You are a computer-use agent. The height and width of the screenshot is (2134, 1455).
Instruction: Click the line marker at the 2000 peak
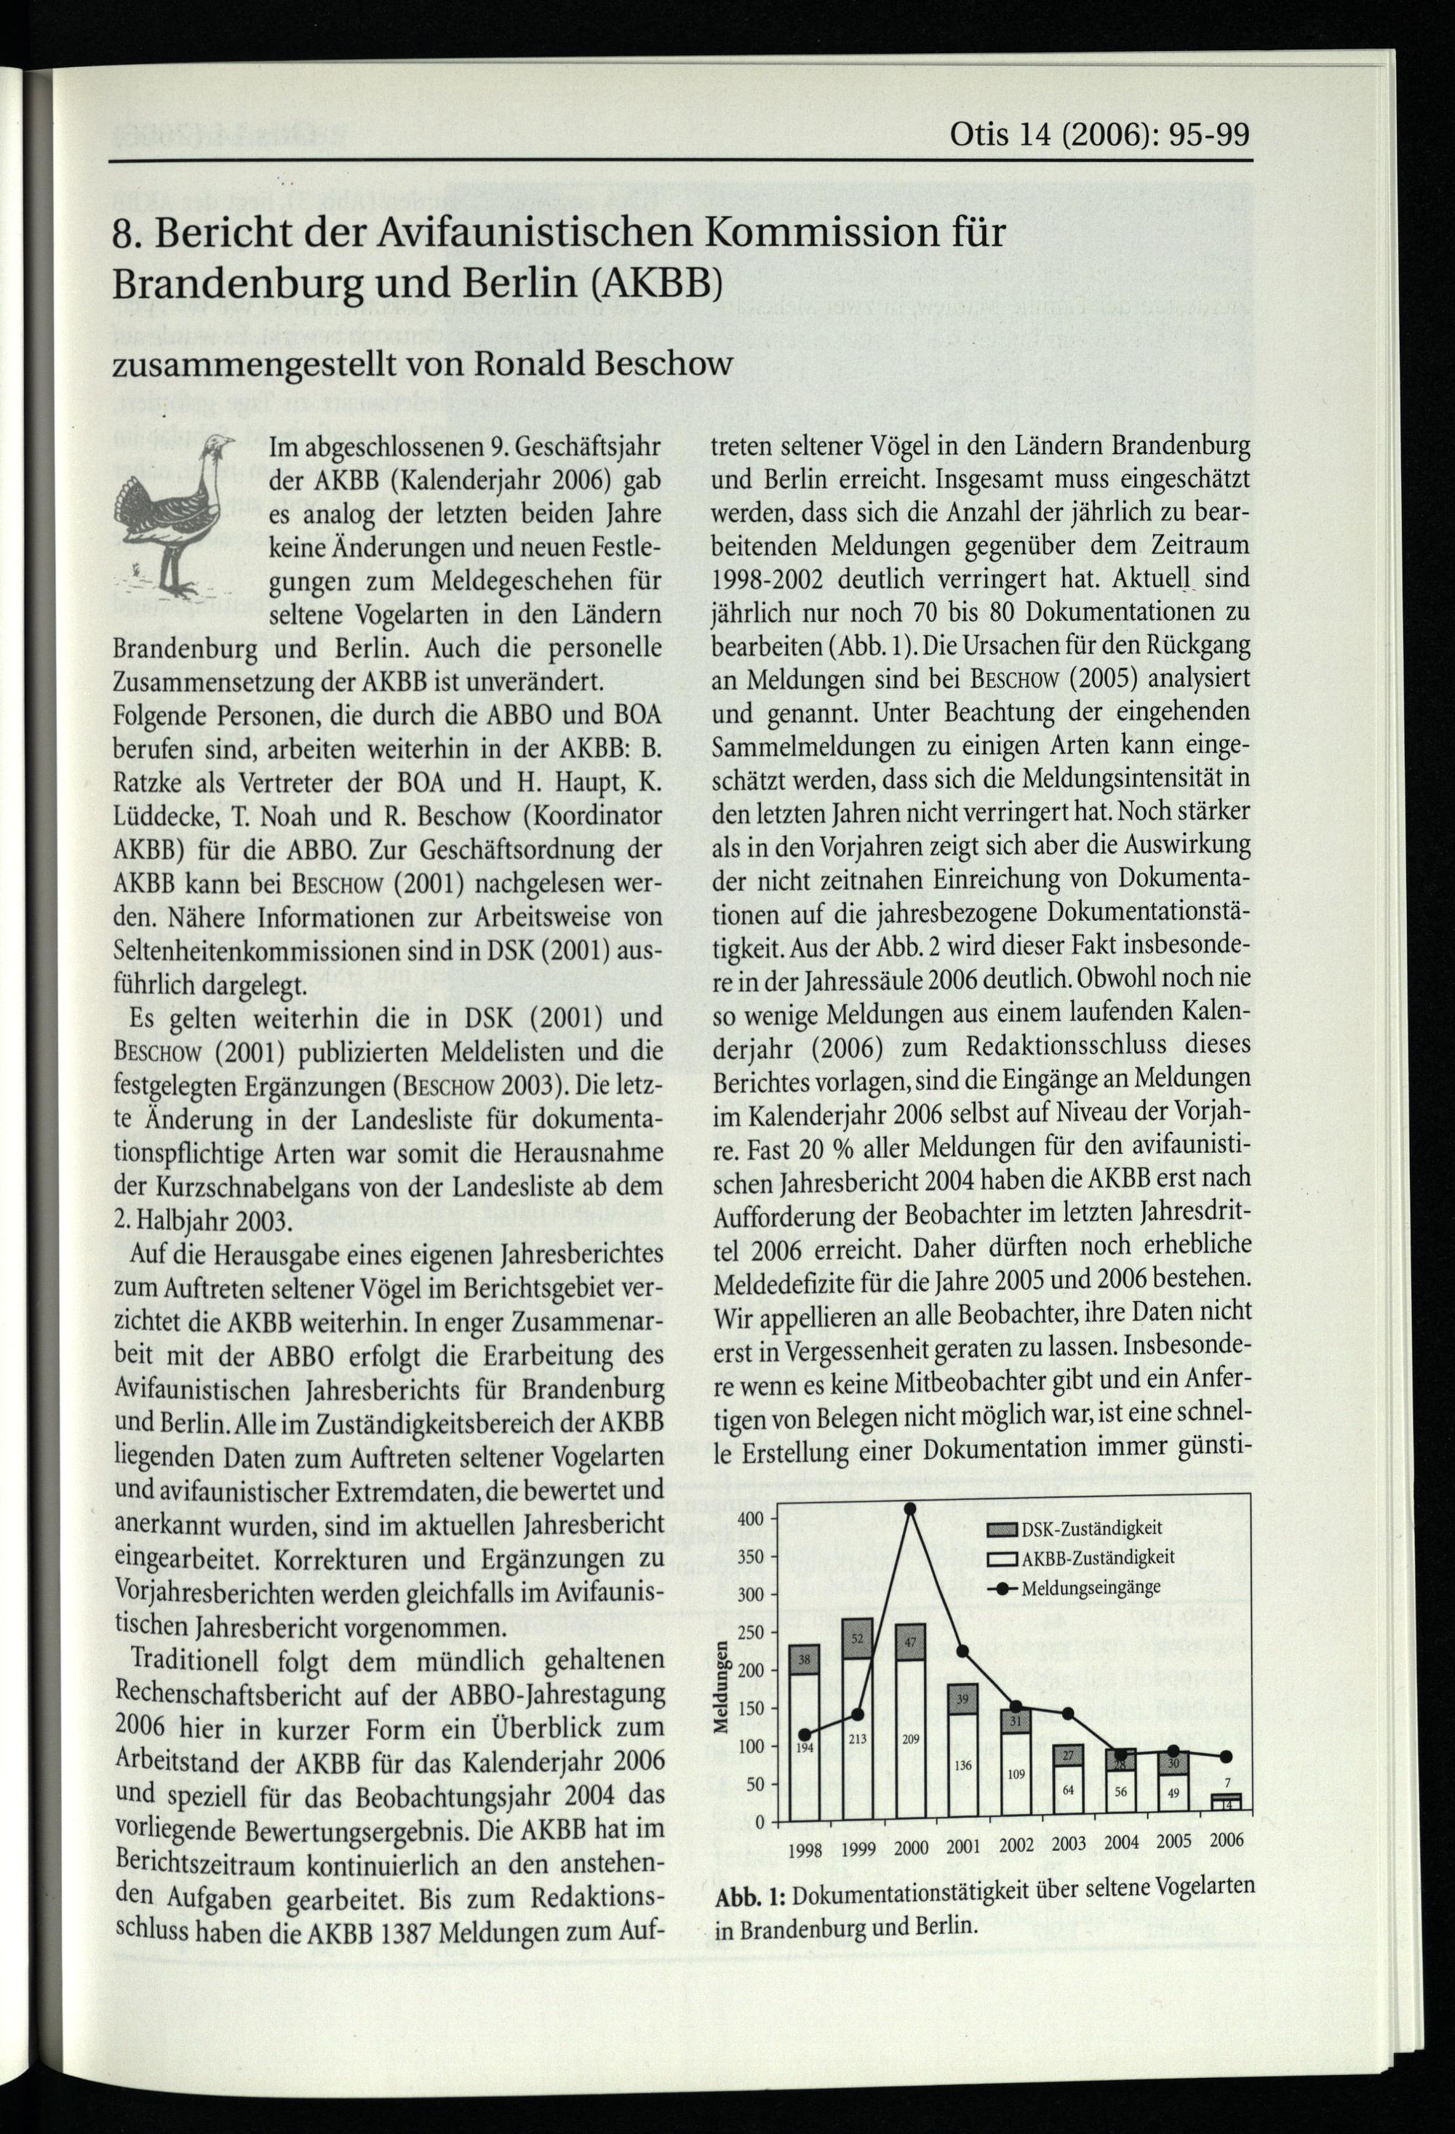click(910, 1508)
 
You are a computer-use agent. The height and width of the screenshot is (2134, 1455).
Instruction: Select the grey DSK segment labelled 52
click(857, 1640)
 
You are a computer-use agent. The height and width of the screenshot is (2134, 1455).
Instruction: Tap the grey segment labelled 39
click(962, 1700)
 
